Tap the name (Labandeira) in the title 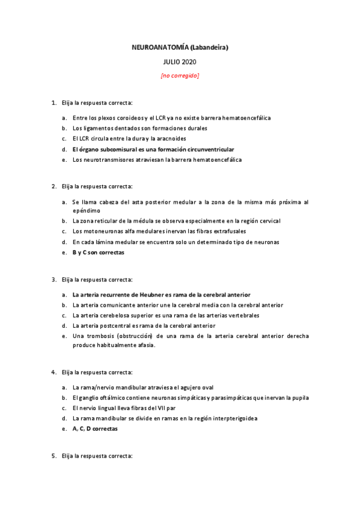point(209,47)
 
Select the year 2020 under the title point(189,61)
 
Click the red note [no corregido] point(180,76)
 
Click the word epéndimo point(87,211)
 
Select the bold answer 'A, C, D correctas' point(95,429)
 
